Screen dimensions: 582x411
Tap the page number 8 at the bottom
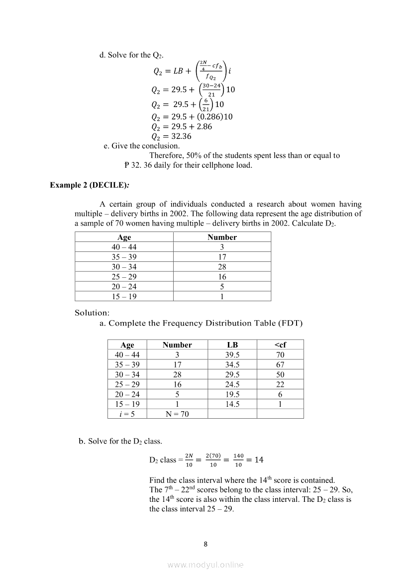206,544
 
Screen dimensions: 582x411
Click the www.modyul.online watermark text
205,565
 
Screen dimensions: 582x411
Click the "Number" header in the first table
222,237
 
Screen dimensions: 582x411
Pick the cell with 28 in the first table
222,267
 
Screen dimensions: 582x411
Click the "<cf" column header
280,345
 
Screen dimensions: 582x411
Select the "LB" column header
232,345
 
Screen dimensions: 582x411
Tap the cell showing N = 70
177,414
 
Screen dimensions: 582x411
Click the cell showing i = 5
127,414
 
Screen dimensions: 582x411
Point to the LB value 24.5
232,384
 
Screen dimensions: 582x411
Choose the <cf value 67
280,364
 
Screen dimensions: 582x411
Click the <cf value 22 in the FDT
280,384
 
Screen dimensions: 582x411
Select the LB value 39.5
232,354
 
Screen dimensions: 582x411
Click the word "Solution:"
92,313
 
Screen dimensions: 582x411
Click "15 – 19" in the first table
124,296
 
